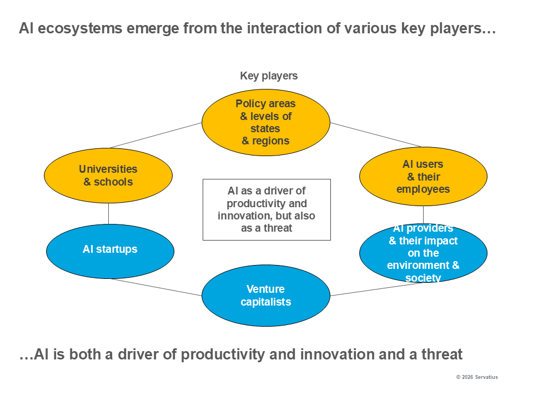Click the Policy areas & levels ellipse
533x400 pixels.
[x=265, y=122]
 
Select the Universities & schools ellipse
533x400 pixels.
[x=108, y=176]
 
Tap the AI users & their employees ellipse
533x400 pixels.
[x=423, y=177]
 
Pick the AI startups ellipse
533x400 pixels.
[x=110, y=251]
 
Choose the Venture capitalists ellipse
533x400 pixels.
[x=265, y=296]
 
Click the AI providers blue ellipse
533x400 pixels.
[x=423, y=253]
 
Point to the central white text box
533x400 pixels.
[x=266, y=209]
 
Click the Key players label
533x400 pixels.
[x=269, y=76]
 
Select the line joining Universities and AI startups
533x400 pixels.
[x=109, y=213]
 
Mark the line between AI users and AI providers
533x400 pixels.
[x=424, y=214]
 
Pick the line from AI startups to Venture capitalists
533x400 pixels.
[x=155, y=287]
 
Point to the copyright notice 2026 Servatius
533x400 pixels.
[x=477, y=377]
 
